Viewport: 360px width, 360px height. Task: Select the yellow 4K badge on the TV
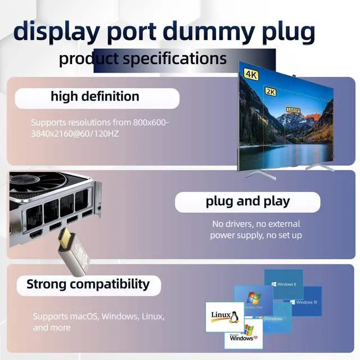click(250, 74)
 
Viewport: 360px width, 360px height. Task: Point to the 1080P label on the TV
click(293, 110)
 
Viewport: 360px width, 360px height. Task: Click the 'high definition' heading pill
click(95, 97)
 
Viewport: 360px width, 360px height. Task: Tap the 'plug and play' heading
click(247, 201)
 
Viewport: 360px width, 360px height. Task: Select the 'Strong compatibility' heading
click(88, 284)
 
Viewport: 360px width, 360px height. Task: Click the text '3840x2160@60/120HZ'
click(75, 133)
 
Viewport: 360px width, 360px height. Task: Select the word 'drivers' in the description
click(244, 224)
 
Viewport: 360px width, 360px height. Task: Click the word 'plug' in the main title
click(285, 32)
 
